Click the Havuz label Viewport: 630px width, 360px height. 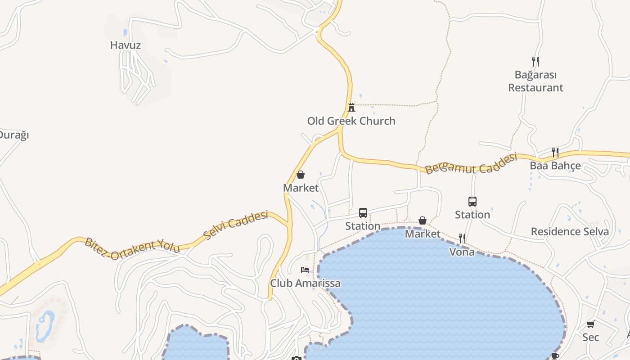[x=126, y=45]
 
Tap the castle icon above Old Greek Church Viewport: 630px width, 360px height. [x=351, y=107]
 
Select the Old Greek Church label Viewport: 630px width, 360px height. [x=351, y=121]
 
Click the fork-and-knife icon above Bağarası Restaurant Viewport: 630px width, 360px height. [x=535, y=61]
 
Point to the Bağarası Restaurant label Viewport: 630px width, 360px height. [x=535, y=81]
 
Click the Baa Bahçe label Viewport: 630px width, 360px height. [x=555, y=166]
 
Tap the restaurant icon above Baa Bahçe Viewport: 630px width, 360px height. [x=555, y=153]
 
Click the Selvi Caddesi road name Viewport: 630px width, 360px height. [x=235, y=225]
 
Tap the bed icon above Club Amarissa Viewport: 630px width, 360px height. [x=305, y=270]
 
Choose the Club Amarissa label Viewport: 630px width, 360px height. [x=305, y=283]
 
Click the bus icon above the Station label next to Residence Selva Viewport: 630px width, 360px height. [x=472, y=202]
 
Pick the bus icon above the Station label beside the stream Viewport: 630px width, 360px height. [x=363, y=213]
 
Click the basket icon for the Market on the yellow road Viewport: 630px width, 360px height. [x=301, y=175]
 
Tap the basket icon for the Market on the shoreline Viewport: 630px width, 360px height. [x=423, y=220]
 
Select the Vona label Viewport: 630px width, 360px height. [x=462, y=252]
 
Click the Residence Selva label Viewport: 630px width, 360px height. [x=570, y=232]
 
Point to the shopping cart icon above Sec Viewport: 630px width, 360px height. [x=590, y=324]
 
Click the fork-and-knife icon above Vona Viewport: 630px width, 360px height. [x=462, y=238]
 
